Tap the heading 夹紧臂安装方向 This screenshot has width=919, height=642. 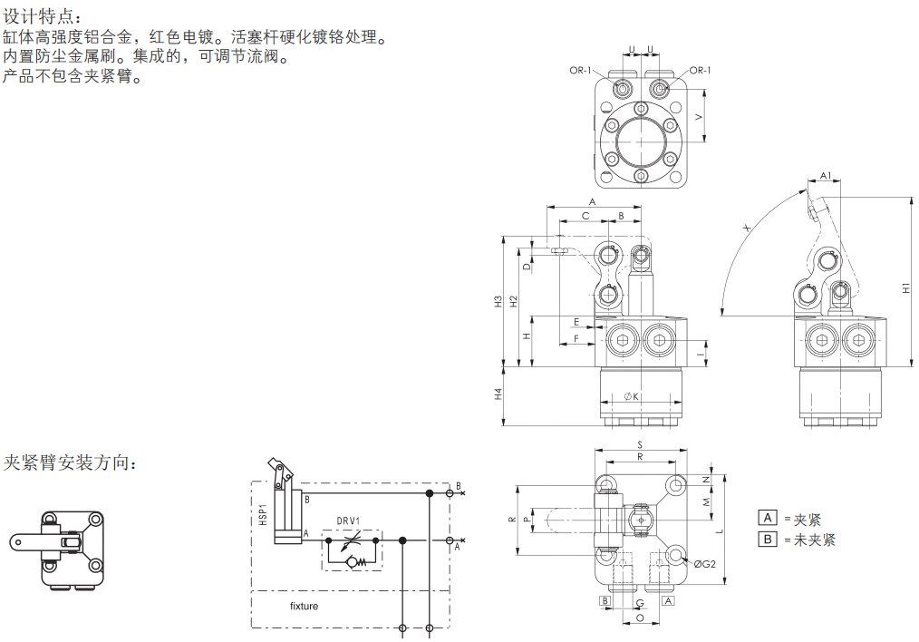(x=72, y=463)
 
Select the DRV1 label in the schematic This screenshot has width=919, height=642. (x=349, y=520)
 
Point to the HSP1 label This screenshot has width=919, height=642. (x=263, y=512)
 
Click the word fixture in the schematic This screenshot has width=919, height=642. (x=304, y=606)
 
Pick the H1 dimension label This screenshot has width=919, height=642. (x=906, y=288)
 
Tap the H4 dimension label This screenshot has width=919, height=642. (x=498, y=395)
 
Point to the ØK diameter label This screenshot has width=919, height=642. (x=632, y=396)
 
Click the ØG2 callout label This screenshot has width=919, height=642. (x=706, y=564)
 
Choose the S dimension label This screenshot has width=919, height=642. (x=639, y=445)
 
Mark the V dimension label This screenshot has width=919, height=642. (x=699, y=118)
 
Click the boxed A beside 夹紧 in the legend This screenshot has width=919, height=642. (x=768, y=519)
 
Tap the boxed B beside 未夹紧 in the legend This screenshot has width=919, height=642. (x=768, y=539)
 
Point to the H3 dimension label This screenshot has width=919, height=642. (x=498, y=301)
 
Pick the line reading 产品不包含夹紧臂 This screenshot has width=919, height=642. (x=73, y=77)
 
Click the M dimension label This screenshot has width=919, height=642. (x=706, y=501)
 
